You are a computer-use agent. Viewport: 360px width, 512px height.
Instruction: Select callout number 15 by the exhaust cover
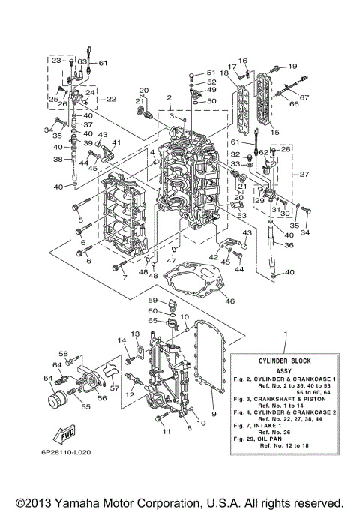274,132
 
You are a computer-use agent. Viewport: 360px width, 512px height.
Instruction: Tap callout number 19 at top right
292,67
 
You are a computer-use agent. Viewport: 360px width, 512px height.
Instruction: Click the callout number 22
111,99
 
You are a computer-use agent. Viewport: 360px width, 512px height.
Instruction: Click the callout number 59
151,301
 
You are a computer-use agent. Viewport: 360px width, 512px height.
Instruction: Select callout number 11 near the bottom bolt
166,432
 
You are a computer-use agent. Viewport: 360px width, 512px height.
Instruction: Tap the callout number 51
211,72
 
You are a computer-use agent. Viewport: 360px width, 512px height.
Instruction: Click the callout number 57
115,389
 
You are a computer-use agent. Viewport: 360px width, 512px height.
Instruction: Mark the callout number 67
304,97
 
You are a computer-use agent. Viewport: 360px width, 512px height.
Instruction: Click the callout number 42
214,256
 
